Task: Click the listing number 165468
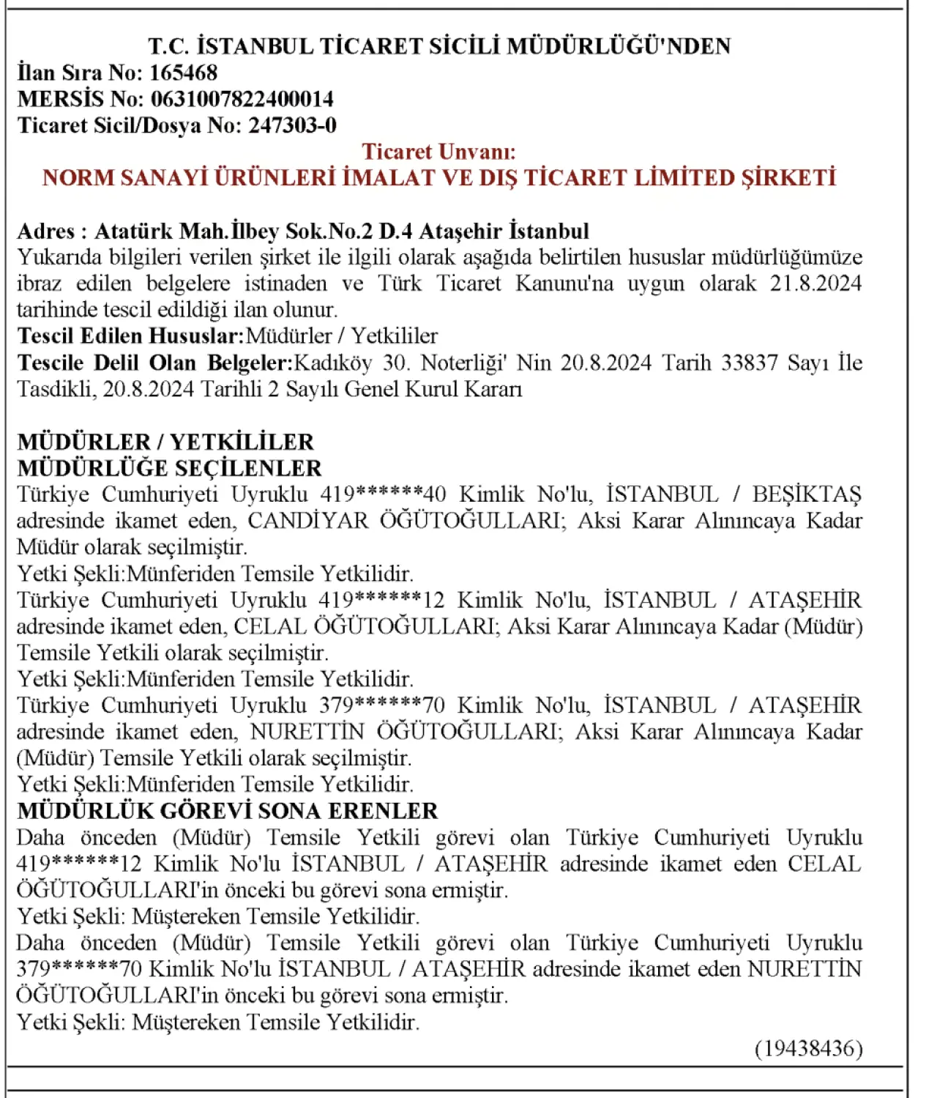click(183, 73)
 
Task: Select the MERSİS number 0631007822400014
click(242, 99)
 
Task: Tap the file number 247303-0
click(292, 125)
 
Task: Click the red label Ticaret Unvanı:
click(438, 152)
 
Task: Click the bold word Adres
click(45, 231)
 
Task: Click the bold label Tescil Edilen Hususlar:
click(130, 336)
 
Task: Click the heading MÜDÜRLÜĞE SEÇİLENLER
click(169, 468)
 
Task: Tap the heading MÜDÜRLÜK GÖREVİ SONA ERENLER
click(227, 811)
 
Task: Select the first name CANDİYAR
click(308, 521)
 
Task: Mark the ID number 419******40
click(383, 494)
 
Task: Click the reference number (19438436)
click(808, 1048)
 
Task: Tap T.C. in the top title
click(170, 46)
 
